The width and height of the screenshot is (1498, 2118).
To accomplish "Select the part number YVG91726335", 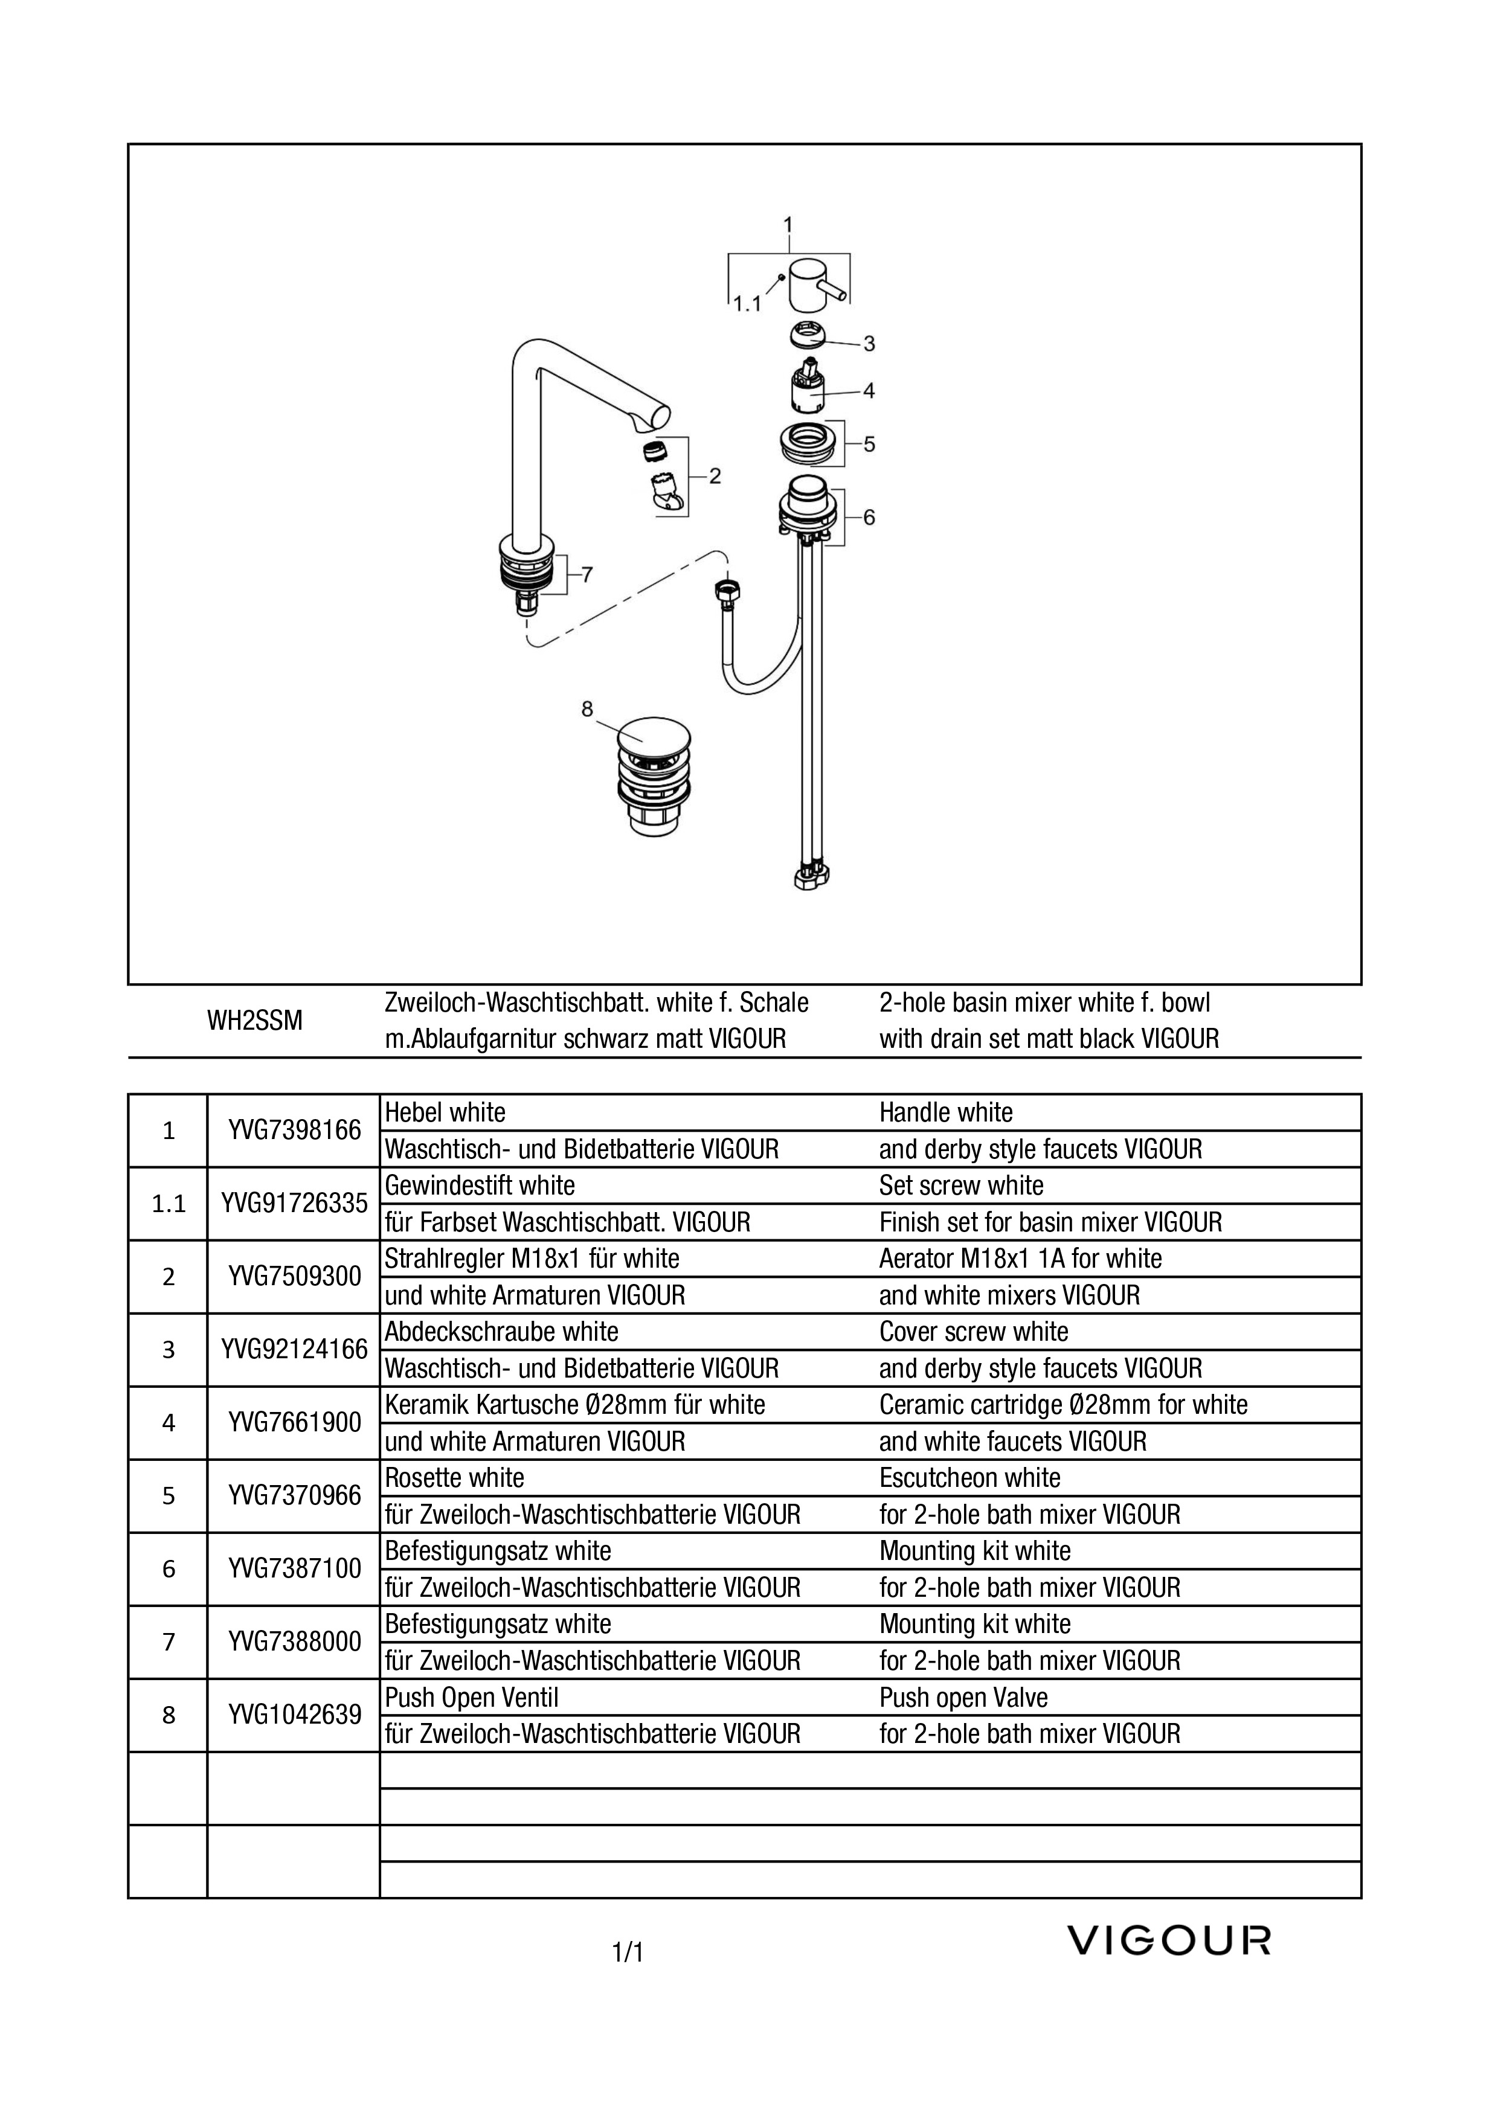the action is (x=294, y=1203).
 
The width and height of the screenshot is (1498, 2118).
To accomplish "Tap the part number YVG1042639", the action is (x=294, y=1715).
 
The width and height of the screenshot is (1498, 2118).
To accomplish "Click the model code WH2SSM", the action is (x=254, y=1021).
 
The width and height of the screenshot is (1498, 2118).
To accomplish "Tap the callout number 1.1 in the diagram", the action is (x=746, y=304).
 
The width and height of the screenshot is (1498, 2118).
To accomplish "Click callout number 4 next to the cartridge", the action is (x=869, y=390).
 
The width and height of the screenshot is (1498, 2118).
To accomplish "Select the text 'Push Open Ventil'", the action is (x=471, y=1697).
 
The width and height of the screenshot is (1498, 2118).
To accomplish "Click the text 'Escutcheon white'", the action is (x=969, y=1478).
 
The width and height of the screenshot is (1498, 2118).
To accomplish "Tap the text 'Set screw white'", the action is (x=961, y=1186).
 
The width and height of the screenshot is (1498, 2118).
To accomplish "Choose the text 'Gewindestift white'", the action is (x=480, y=1186).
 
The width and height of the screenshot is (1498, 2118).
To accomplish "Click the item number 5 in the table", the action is (x=168, y=1495).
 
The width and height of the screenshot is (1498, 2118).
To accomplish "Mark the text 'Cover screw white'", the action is (x=974, y=1331).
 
